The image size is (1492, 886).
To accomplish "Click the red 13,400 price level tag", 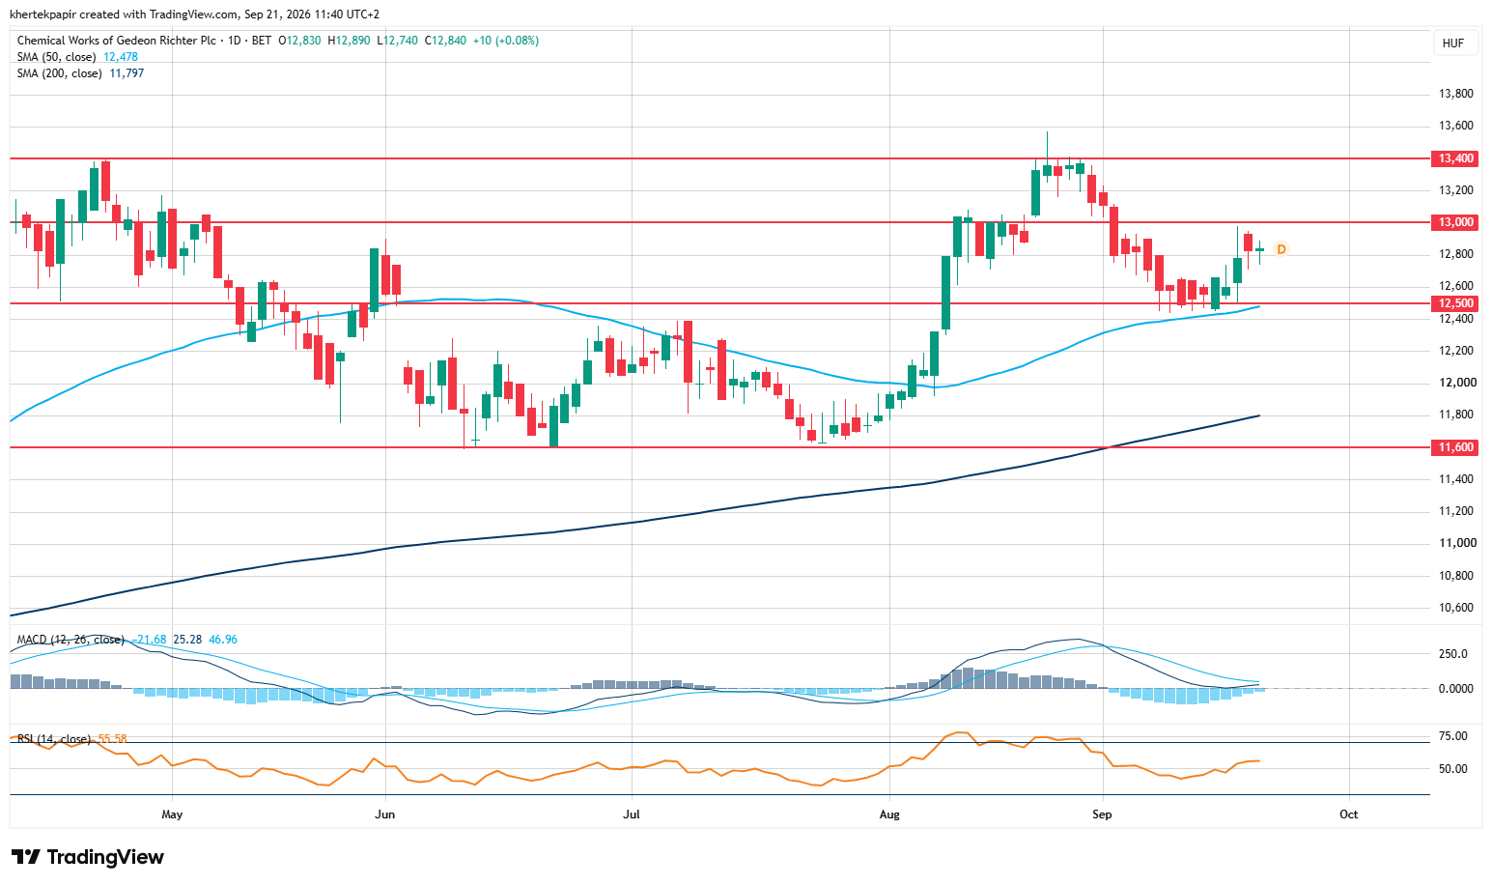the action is click(x=1454, y=158).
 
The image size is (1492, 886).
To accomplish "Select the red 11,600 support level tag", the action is click(x=1454, y=447).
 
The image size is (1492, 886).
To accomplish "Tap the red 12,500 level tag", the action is click(x=1454, y=303).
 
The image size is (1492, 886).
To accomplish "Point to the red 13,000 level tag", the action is click(x=1454, y=222).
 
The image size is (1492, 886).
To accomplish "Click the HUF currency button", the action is click(x=1453, y=43).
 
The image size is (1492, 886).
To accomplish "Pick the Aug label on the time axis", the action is click(x=889, y=815).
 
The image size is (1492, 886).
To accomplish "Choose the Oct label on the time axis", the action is click(x=1349, y=815).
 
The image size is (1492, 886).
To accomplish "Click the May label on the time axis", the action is click(x=172, y=815).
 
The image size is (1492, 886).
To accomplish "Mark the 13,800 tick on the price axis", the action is click(x=1455, y=94).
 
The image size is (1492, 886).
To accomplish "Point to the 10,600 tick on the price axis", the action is click(x=1455, y=608).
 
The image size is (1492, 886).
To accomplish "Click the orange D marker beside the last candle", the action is click(x=1281, y=249).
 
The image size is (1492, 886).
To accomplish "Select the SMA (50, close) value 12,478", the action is click(x=121, y=57).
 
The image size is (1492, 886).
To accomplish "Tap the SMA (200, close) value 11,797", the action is click(x=127, y=73).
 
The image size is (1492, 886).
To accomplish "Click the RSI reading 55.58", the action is click(x=112, y=739).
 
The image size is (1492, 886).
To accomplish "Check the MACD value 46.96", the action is click(x=222, y=640).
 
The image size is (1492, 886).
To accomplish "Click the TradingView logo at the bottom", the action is click(x=87, y=857).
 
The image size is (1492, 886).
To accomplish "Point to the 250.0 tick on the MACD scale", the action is click(x=1452, y=654).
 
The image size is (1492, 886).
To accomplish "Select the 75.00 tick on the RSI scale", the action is click(x=1452, y=736).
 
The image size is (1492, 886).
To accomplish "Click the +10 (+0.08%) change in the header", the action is click(x=506, y=41).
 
